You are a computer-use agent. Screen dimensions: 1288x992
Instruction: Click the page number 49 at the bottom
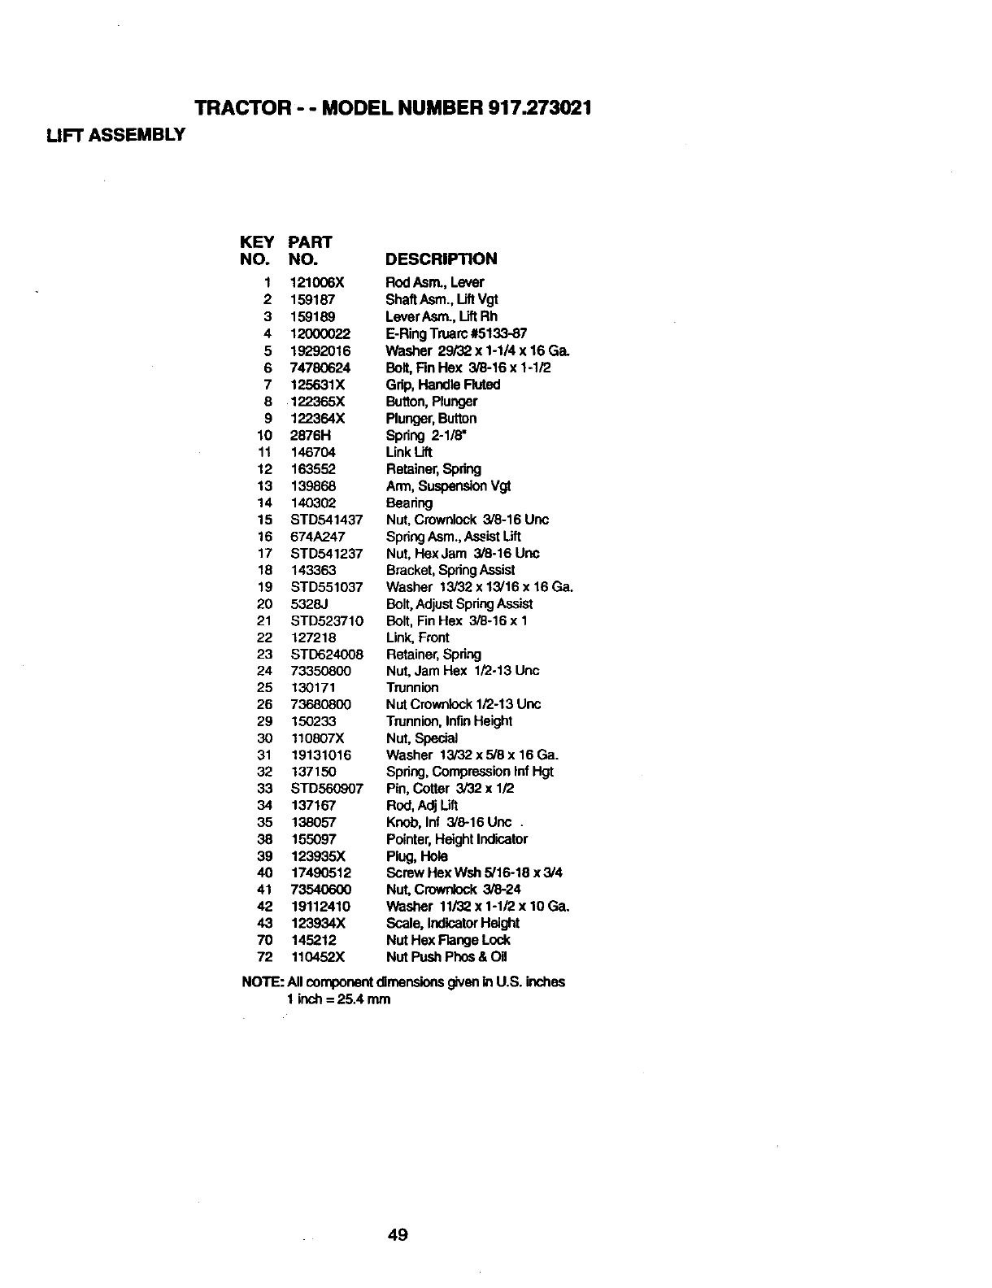click(398, 1236)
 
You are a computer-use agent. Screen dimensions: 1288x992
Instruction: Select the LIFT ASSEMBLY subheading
click(115, 134)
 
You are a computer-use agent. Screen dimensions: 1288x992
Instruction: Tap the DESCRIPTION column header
click(441, 259)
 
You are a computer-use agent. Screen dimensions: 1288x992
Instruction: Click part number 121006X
click(318, 283)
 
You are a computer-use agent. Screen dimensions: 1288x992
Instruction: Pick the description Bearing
click(409, 503)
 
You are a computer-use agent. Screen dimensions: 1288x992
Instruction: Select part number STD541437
click(327, 520)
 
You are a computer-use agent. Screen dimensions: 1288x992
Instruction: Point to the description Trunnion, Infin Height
click(449, 721)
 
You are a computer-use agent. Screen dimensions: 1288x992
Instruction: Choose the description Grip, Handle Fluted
click(443, 385)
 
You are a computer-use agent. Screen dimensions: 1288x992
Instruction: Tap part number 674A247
click(318, 537)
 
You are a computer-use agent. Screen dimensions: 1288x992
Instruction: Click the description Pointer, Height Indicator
click(457, 839)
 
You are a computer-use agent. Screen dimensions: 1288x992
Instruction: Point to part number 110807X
click(318, 738)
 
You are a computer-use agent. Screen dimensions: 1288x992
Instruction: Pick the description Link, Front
click(417, 637)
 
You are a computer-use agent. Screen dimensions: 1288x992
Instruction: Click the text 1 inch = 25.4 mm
click(338, 999)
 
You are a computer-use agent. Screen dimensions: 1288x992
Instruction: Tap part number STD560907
click(327, 789)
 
